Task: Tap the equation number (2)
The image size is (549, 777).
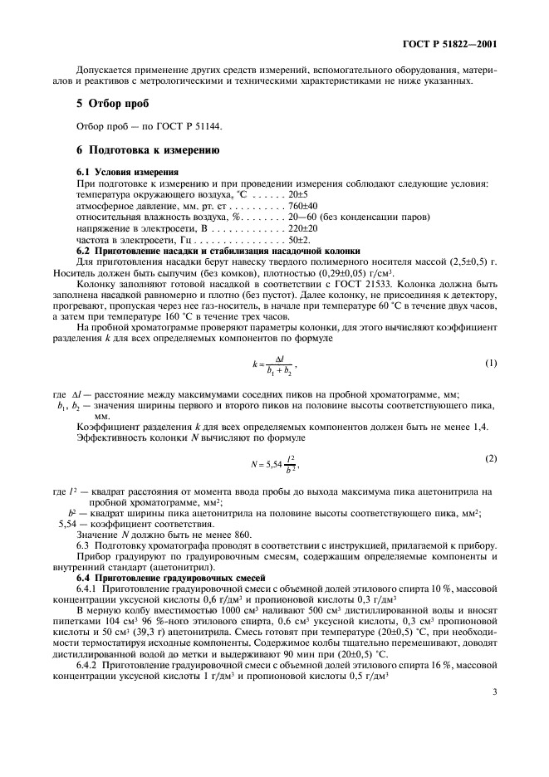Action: (x=491, y=458)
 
